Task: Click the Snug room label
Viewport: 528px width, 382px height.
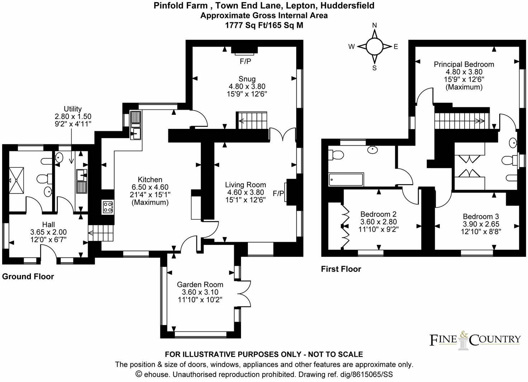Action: [x=247, y=79]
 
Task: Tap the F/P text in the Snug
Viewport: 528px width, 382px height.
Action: [x=245, y=61]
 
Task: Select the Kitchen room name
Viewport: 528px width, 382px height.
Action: [x=150, y=180]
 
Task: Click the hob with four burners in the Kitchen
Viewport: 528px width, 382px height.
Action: [x=108, y=207]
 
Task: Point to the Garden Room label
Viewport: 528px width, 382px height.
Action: [x=200, y=284]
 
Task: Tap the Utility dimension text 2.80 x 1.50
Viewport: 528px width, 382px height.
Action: [x=73, y=116]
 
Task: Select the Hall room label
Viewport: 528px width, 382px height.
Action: [x=48, y=225]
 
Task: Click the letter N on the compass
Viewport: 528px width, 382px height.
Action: [x=374, y=25]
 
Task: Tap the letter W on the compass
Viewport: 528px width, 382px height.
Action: [x=352, y=47]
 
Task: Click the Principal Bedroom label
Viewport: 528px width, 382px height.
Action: [x=464, y=64]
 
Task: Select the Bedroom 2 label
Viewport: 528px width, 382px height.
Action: [x=378, y=214]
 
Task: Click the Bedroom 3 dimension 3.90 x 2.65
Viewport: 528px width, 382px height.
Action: [x=481, y=224]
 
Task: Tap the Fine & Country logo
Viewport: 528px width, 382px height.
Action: [x=475, y=339]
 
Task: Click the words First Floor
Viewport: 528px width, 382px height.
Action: [x=341, y=269]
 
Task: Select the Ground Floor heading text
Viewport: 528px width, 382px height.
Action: [x=28, y=276]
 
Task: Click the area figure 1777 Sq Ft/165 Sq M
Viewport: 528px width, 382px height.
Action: [x=264, y=25]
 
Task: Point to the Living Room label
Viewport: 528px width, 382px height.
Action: [x=245, y=185]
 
